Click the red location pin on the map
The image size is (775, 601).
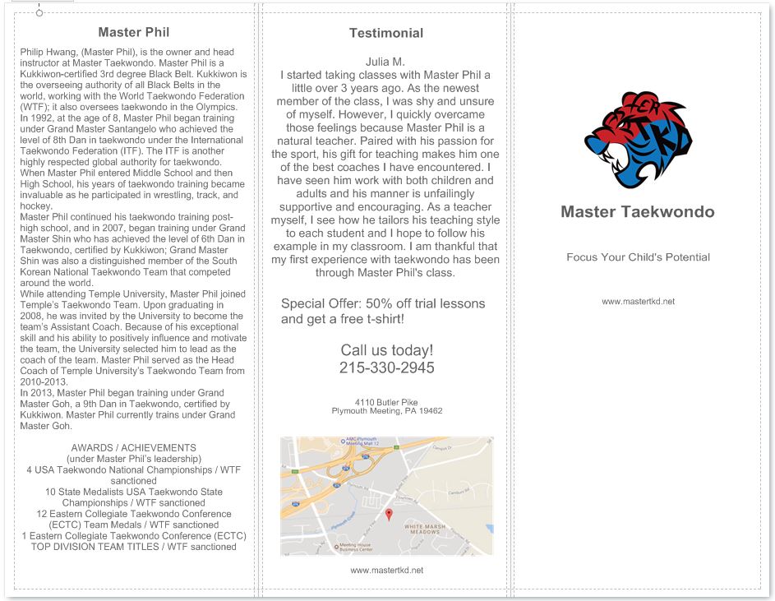click(x=389, y=514)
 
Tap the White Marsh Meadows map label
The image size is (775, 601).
click(x=424, y=529)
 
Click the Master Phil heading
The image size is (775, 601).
click(x=134, y=33)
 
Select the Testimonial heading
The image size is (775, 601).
click(x=386, y=34)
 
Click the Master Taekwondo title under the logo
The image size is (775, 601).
click(x=638, y=212)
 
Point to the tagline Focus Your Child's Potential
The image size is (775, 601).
click(x=638, y=257)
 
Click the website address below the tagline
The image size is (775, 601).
click(x=638, y=302)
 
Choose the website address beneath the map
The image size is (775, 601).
click(x=386, y=570)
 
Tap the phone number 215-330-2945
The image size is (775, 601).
click(x=386, y=368)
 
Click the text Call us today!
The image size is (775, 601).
click(x=386, y=350)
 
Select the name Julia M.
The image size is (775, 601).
click(x=385, y=62)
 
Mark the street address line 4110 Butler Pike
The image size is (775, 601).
click(x=386, y=402)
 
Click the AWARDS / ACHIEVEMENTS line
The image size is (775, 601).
click(x=134, y=448)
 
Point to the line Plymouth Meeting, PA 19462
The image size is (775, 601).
click(x=387, y=410)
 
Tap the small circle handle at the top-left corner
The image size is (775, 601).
click(x=39, y=12)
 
